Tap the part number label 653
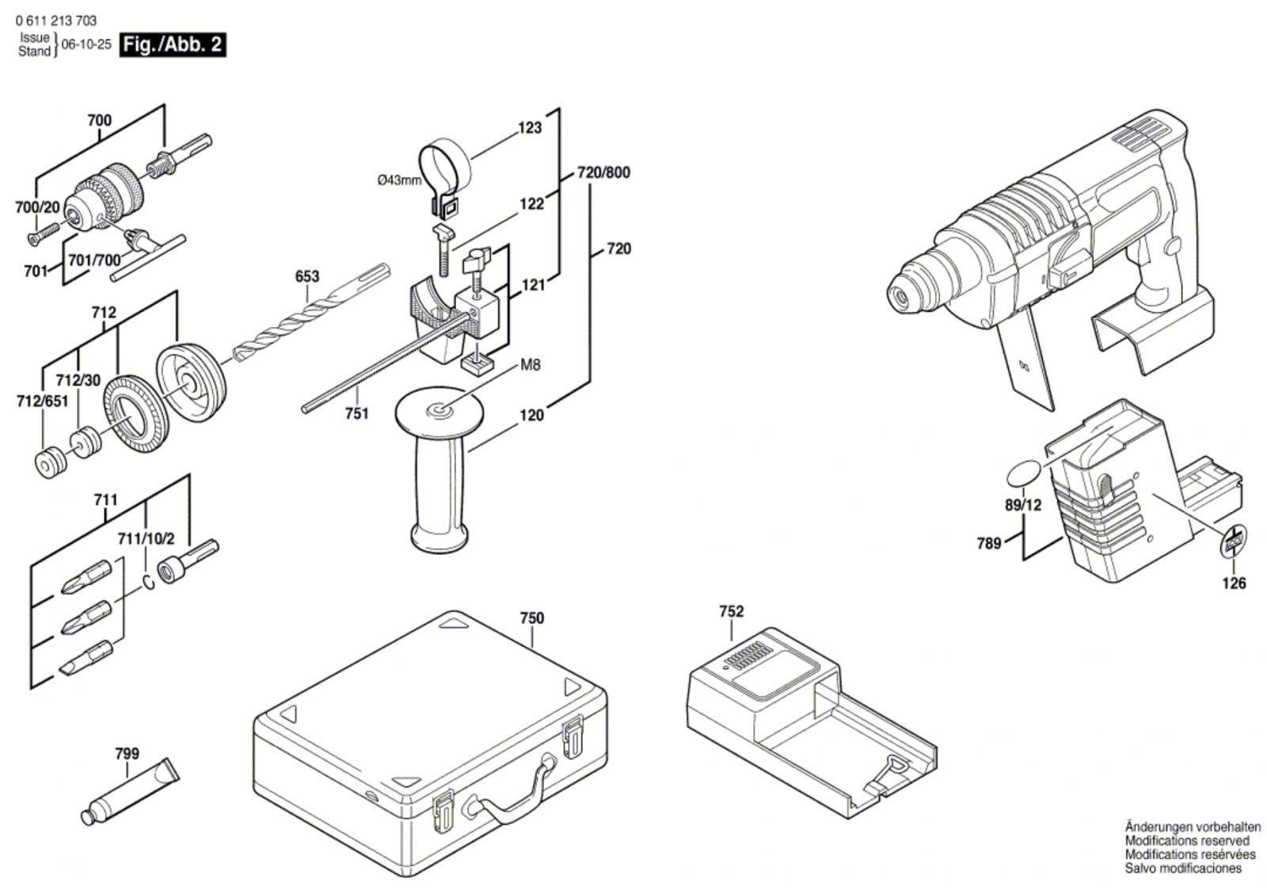pos(306,276)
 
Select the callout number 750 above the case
pos(531,617)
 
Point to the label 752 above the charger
pos(731,611)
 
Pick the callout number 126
pos(1233,583)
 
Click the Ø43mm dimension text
pos(400,180)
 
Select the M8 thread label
pos(530,365)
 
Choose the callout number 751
pos(356,413)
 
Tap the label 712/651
pos(42,401)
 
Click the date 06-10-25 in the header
pos(86,45)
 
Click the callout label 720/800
pos(604,173)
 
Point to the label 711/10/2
pos(146,538)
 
